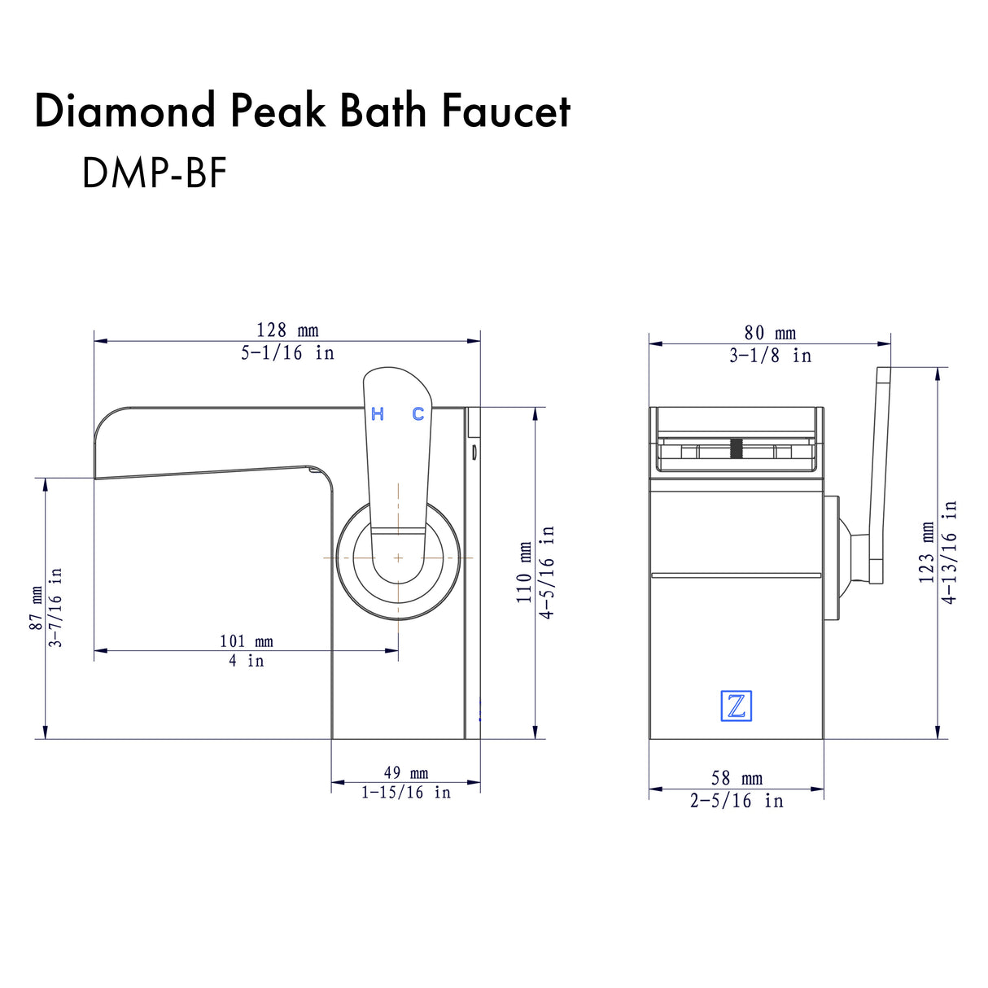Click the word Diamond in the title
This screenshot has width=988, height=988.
[125, 111]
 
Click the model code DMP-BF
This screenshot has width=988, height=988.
[153, 173]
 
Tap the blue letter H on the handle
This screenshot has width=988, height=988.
[378, 414]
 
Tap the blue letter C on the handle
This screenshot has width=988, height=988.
[417, 414]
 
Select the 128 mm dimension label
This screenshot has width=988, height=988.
[287, 330]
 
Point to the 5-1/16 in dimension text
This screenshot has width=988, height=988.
[287, 353]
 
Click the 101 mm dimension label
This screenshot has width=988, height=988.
[246, 641]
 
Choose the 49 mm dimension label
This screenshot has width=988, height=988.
[405, 772]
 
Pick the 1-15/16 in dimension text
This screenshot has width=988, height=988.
[405, 793]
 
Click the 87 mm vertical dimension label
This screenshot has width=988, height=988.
[35, 608]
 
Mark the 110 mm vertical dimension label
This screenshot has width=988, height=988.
[525, 573]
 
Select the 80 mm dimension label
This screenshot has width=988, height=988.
[770, 333]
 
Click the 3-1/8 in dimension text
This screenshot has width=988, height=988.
[770, 356]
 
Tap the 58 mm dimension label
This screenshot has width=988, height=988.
[737, 779]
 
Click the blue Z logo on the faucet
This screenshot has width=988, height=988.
[736, 706]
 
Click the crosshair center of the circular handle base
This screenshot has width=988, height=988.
[398, 557]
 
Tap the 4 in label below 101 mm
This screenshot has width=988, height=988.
[246, 661]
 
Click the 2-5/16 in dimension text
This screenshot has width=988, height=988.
[737, 801]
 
